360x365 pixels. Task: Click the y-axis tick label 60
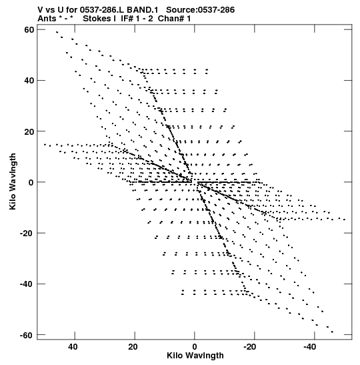coord(29,30)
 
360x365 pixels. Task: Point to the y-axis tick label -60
coord(27,335)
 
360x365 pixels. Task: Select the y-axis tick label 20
coord(29,131)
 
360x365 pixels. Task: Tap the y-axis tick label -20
coord(27,234)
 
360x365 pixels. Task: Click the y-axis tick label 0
coord(31,183)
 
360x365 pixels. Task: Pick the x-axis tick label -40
coord(310,347)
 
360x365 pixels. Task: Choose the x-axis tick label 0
coord(195,347)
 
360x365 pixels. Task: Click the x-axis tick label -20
coord(250,347)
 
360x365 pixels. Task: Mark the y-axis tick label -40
coord(27,284)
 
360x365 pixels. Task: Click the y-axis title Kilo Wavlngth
coord(13,181)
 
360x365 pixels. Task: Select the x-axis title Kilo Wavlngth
coord(195,356)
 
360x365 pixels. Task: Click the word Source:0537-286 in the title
coord(201,10)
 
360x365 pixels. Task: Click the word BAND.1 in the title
coord(142,10)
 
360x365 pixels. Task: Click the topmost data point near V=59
coord(57,32)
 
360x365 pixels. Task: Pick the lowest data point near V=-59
coord(332,332)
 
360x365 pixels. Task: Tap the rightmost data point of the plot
coord(345,220)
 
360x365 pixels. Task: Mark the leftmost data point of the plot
coord(45,145)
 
